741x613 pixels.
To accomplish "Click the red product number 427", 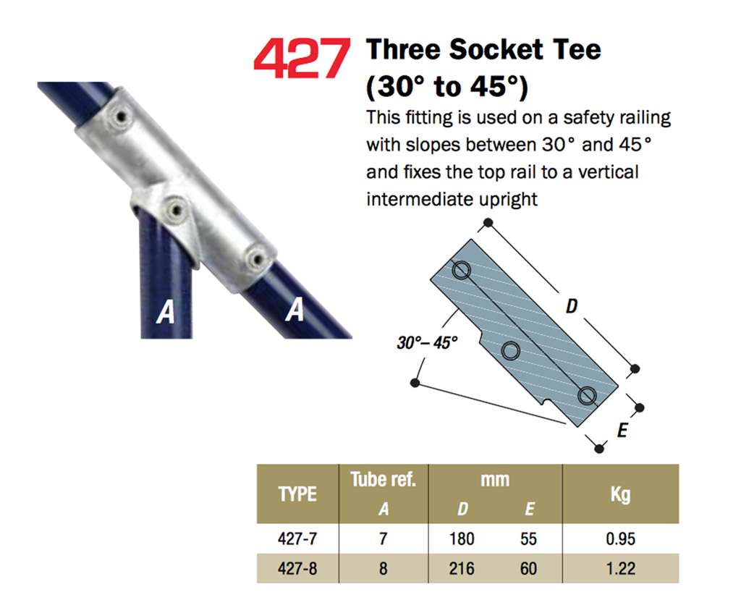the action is point(302,58).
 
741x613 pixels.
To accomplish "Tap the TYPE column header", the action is point(297,494).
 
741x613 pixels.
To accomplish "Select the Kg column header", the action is point(620,495).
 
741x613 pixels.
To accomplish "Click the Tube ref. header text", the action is point(384,479).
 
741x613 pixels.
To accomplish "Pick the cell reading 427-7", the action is point(297,538).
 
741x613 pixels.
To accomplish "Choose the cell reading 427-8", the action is point(297,568).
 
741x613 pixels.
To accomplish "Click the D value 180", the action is point(462,538).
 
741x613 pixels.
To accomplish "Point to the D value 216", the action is point(462,568).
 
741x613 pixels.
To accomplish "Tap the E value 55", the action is point(529,538).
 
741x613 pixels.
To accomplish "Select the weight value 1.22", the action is point(620,568).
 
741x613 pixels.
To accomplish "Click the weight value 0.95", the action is point(620,538).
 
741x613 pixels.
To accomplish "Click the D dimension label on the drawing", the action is point(572,306).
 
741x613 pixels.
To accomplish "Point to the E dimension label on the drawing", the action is point(623,430).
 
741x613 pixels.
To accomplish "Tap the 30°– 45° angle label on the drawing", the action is point(427,342).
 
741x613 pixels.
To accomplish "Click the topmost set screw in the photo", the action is point(122,116).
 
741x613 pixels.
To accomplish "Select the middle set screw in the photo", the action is point(176,209).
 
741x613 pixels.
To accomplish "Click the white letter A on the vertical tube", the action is point(166,312).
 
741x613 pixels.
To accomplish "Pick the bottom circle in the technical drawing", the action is point(587,395).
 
